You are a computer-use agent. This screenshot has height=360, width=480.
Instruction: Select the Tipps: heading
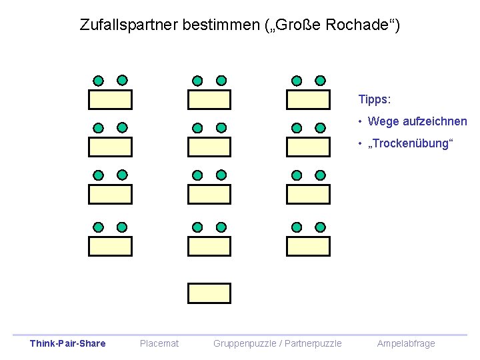[374, 99]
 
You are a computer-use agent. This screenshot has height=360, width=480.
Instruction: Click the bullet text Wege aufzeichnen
[417, 121]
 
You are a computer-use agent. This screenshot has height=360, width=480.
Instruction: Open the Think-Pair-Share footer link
[67, 343]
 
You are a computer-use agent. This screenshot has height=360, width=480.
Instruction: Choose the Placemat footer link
[159, 343]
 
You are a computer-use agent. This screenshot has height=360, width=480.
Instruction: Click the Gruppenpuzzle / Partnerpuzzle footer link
[277, 343]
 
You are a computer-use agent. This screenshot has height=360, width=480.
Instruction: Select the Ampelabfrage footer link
[406, 343]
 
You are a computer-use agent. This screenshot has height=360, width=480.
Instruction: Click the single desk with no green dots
[209, 293]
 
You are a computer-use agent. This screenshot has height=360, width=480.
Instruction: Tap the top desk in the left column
[111, 99]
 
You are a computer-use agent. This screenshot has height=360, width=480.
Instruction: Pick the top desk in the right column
[308, 99]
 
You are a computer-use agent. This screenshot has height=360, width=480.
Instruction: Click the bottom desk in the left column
[111, 246]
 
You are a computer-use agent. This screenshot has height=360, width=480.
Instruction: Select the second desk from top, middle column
[209, 147]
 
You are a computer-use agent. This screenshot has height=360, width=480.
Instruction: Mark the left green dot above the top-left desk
[99, 81]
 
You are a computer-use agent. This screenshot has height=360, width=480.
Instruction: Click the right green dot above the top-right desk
[320, 81]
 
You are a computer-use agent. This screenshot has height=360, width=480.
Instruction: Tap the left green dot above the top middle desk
[197, 81]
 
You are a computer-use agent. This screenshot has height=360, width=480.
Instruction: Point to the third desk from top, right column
[308, 194]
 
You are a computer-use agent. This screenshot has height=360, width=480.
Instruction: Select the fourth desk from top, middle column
[209, 246]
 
